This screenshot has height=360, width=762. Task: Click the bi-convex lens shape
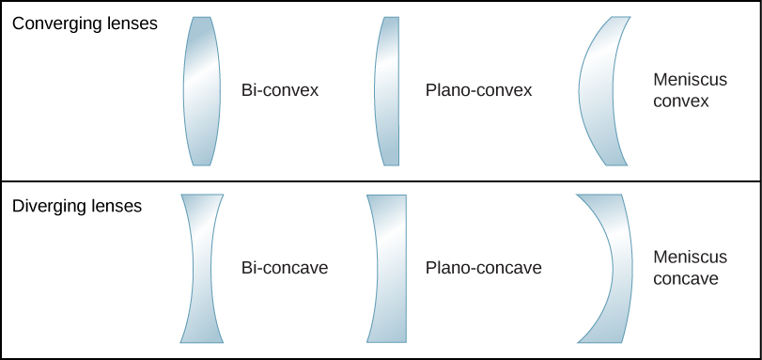202,90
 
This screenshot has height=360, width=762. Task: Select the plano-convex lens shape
389,90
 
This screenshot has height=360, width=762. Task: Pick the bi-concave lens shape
202,268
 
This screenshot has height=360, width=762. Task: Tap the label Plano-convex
478,91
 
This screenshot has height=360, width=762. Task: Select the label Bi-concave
285,268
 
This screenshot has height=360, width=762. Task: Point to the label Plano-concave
483,268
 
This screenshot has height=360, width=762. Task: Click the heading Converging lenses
85,23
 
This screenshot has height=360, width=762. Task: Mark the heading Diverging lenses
78,206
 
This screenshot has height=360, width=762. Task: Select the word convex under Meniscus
680,102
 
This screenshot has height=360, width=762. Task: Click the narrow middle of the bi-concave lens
202,268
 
